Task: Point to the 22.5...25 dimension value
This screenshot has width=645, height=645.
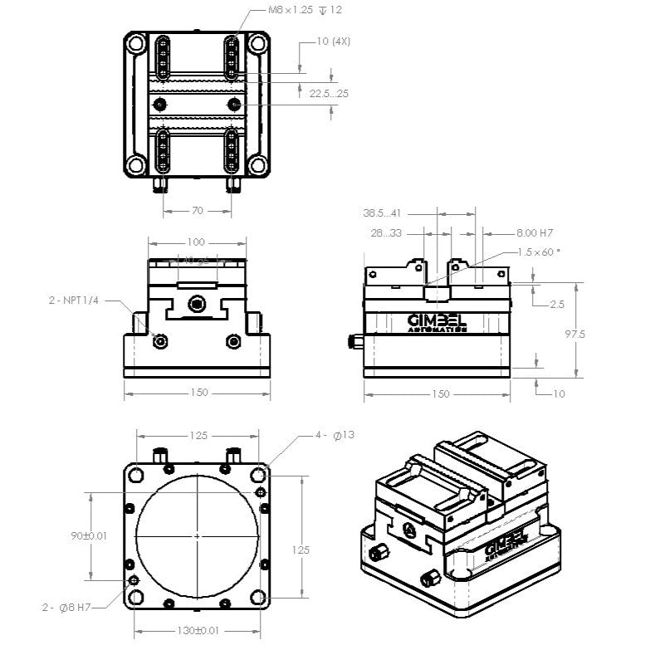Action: [x=329, y=94]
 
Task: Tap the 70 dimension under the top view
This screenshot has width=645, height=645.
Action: [x=198, y=211]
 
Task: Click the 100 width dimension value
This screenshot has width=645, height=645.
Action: [x=196, y=242]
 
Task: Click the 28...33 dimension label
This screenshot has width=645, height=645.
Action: [x=387, y=233]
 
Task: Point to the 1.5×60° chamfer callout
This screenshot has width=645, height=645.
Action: [x=539, y=252]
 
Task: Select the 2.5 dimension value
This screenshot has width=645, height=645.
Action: [x=558, y=305]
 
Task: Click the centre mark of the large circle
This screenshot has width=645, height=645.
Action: [x=197, y=536]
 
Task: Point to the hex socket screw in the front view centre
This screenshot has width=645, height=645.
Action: [x=197, y=304]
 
